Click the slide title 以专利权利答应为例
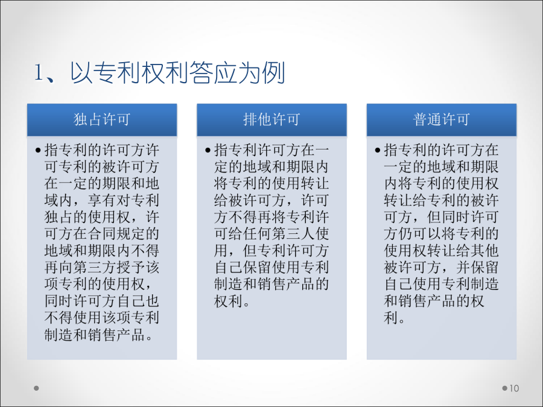[x=177, y=73]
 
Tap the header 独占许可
[x=102, y=120]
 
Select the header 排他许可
[x=271, y=120]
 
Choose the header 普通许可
[x=442, y=120]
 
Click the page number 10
[x=514, y=388]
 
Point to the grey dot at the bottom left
[x=36, y=388]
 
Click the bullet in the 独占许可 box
[x=38, y=150]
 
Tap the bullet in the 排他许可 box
[x=208, y=150]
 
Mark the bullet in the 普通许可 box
[x=378, y=150]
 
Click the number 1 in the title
[x=39, y=73]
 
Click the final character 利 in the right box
[x=390, y=318]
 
